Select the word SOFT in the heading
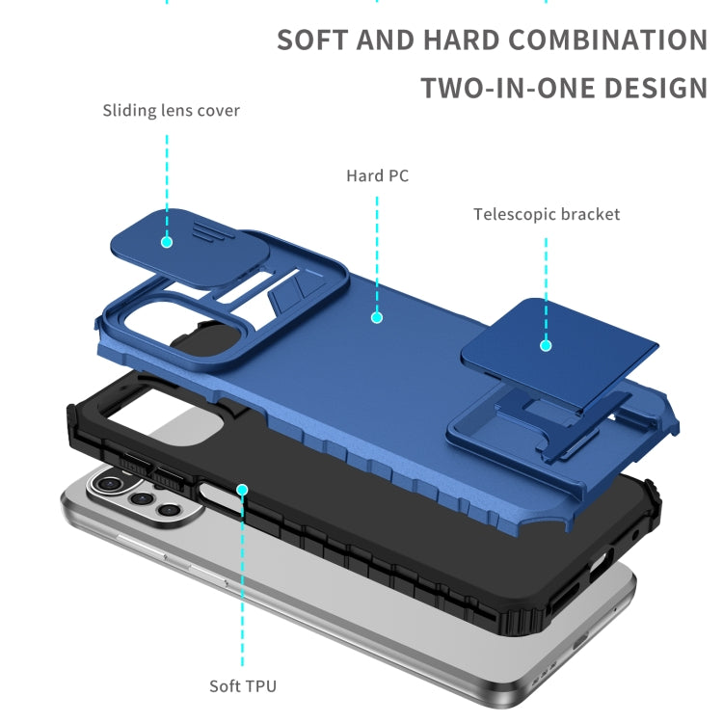312,40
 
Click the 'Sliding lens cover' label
171,111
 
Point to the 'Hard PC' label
377,175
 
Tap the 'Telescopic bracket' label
547,214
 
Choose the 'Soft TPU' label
243,686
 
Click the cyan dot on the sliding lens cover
167,242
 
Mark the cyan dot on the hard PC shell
377,317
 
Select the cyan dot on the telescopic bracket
546,345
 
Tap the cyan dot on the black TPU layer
242,490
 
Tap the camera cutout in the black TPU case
165,417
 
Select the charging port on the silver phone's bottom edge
580,640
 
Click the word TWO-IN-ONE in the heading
508,88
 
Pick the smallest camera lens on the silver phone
169,510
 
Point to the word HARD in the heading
461,40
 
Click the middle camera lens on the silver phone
141,498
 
